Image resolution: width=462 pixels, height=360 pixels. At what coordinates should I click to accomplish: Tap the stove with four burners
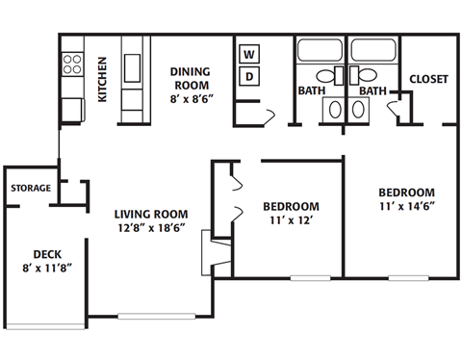(72, 64)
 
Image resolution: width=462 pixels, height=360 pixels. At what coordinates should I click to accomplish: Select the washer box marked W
(248, 53)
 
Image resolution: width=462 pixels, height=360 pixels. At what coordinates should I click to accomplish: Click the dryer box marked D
(248, 76)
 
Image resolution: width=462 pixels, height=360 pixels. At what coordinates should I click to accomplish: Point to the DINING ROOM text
(191, 77)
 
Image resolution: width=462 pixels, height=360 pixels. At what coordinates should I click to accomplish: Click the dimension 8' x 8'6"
(191, 98)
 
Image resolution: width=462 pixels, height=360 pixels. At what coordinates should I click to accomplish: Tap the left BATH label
(310, 91)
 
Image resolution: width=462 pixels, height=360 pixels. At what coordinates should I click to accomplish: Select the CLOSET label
(428, 80)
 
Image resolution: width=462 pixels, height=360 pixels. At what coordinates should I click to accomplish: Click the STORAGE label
(31, 188)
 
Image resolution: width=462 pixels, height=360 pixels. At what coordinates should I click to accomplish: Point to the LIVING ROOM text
(150, 214)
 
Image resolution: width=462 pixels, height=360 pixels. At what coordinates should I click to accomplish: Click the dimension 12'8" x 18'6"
(150, 228)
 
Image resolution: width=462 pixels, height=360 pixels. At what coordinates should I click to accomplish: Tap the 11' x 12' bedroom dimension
(291, 220)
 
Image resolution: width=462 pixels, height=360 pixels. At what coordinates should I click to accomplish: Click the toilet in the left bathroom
(324, 75)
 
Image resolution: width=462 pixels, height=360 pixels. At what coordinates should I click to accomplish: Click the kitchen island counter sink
(133, 64)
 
